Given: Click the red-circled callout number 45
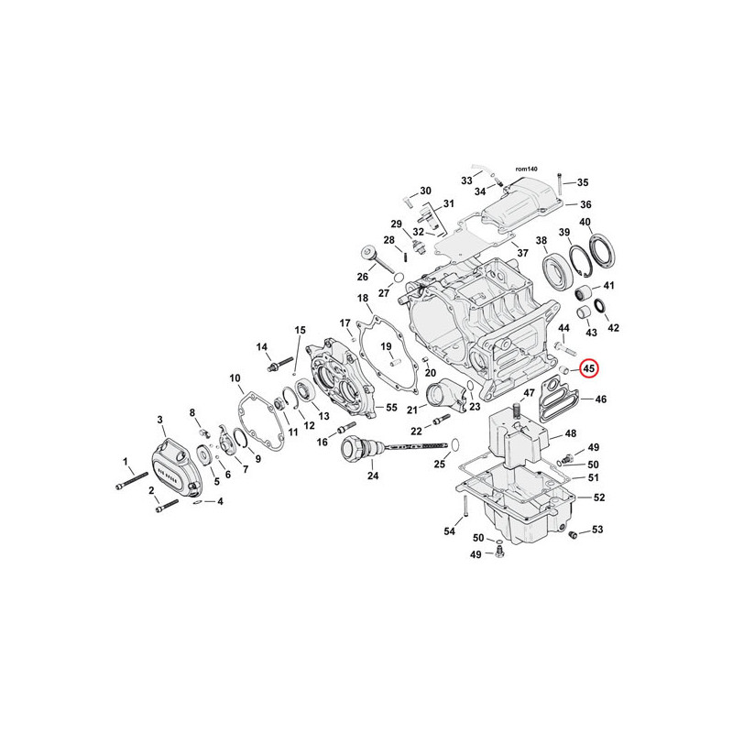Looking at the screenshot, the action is (x=588, y=368).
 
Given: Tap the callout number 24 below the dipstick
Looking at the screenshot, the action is (x=373, y=476).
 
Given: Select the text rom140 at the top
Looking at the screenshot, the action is (x=526, y=170).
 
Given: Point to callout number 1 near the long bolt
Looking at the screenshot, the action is (x=126, y=462).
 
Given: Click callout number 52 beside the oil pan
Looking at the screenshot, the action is (x=599, y=498).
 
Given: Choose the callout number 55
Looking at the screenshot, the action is (x=391, y=407).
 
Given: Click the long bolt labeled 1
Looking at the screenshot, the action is (x=132, y=480).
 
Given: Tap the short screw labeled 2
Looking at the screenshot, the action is (x=167, y=506).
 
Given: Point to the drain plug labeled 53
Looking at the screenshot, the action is (x=571, y=535).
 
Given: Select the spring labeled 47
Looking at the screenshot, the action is (x=517, y=411).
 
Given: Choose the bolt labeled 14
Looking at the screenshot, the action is (x=279, y=364).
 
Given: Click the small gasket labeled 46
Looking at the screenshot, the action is (x=559, y=400).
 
